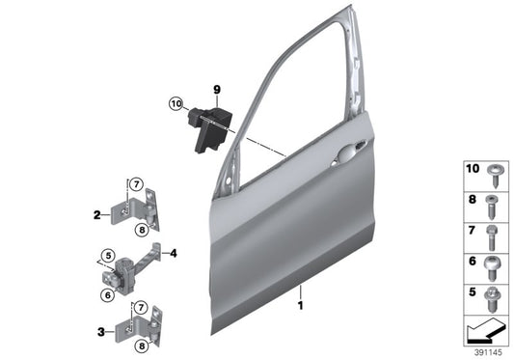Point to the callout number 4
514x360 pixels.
tap(175, 255)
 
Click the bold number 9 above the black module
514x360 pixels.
tap(217, 90)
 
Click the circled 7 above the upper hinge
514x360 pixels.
tap(137, 183)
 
